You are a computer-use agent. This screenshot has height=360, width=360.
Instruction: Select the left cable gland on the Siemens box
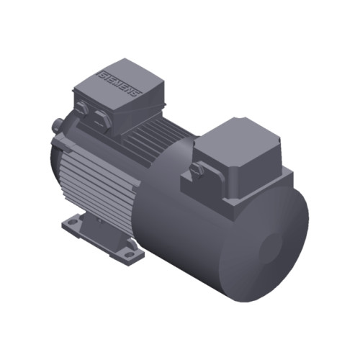[83, 109]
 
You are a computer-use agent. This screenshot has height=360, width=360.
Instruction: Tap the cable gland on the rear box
[196, 169]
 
